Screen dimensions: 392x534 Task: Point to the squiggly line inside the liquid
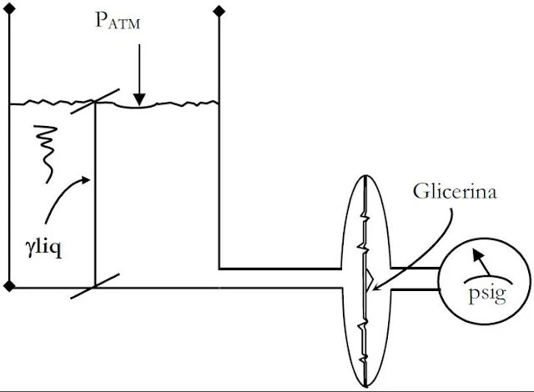45,151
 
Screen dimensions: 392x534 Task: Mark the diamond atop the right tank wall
219,11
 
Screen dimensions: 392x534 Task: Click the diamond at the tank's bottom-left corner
9,287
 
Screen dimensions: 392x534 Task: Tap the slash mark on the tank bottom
94,288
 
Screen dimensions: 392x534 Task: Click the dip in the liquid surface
139,106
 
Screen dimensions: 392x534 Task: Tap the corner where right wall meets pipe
219,268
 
